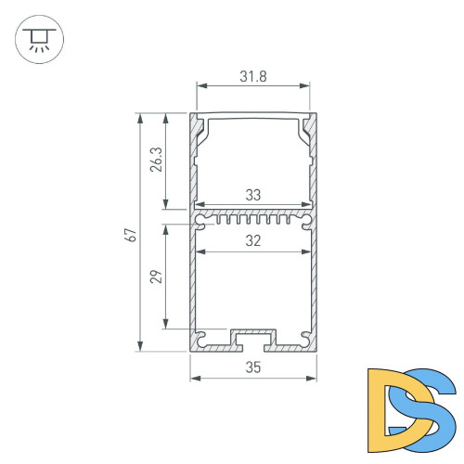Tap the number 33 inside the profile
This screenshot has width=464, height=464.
pyautogui.click(x=253, y=196)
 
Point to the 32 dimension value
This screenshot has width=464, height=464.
pyautogui.click(x=253, y=240)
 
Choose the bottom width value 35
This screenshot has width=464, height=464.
pyautogui.click(x=253, y=367)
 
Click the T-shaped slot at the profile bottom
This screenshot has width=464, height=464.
pyautogui.click(x=253, y=339)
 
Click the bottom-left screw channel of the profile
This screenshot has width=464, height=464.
pyautogui.click(x=200, y=337)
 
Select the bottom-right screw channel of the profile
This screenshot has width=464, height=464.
pyautogui.click(x=305, y=337)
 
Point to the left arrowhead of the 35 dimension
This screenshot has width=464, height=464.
pyautogui.click(x=194, y=378)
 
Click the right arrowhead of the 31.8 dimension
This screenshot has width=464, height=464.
pyautogui.click(x=307, y=87)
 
